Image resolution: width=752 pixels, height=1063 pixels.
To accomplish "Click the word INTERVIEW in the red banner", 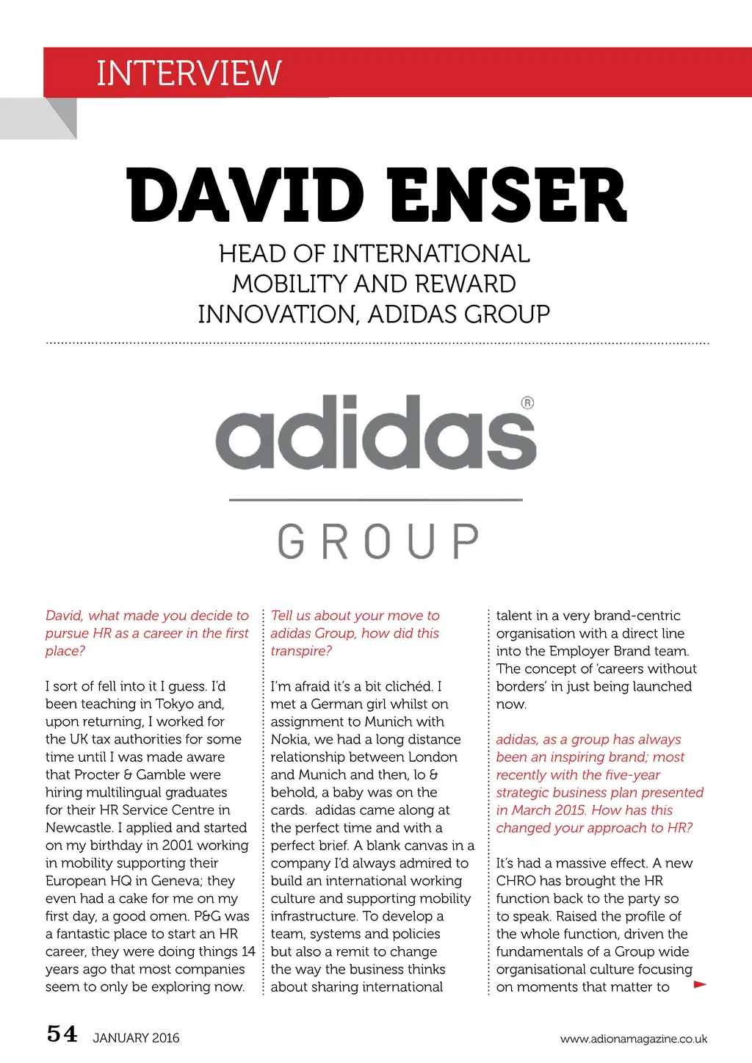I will point(189,73).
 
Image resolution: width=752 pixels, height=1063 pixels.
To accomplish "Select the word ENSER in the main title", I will point(507,195).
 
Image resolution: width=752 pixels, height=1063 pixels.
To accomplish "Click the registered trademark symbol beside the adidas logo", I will point(527,403).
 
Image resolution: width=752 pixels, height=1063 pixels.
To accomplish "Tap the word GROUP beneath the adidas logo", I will point(378,541).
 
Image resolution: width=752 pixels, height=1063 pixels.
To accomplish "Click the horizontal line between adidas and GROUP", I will point(376,500).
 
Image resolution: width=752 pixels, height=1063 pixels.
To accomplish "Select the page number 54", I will point(62,1034).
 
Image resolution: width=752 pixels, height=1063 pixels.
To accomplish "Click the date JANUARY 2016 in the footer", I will point(136,1038).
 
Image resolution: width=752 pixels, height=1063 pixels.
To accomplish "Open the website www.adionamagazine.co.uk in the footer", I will point(633,1039).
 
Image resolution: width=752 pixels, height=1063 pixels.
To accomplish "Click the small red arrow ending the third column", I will point(700,984).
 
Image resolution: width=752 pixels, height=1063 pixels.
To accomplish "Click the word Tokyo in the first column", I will point(175,704).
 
